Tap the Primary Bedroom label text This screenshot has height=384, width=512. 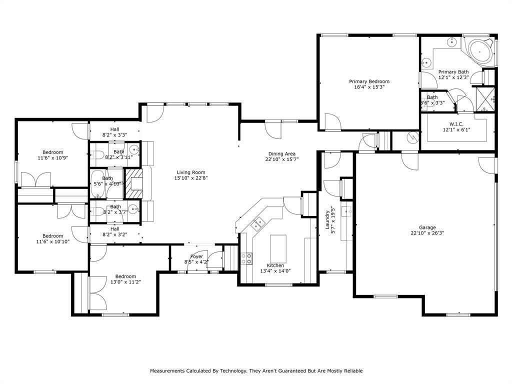point(369,81)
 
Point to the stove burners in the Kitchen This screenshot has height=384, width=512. point(246,258)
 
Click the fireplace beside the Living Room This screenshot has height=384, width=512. point(133,183)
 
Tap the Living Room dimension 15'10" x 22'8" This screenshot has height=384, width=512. point(189,178)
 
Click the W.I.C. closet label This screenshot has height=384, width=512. point(456,124)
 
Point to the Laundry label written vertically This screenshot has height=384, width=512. point(327,220)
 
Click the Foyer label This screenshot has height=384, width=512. point(197,256)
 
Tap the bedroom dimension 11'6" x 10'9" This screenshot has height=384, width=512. point(52,158)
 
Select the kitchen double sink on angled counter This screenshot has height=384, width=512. point(257,224)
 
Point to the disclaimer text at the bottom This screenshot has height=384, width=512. point(256,371)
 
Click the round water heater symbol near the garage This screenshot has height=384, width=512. point(413,136)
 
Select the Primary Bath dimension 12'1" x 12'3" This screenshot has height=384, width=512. point(453,77)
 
